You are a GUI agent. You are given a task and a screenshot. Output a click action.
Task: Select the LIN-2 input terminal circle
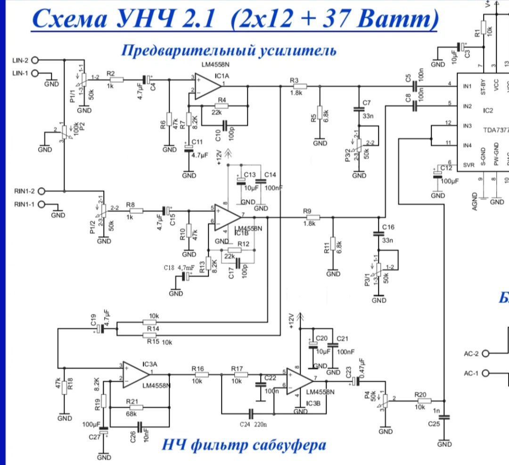(34, 60)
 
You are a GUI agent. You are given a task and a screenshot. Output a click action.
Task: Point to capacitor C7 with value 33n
(358, 109)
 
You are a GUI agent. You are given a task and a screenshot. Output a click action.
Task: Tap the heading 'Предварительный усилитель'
(229, 50)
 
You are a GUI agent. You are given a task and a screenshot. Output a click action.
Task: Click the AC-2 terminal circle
(486, 353)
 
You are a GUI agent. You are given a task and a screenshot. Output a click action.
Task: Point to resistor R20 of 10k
(423, 401)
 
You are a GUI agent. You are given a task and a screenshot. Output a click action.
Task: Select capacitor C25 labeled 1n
(446, 417)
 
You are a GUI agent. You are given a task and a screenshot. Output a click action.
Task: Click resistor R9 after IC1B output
(312, 217)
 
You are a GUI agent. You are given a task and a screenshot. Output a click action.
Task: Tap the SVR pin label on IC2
(469, 165)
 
